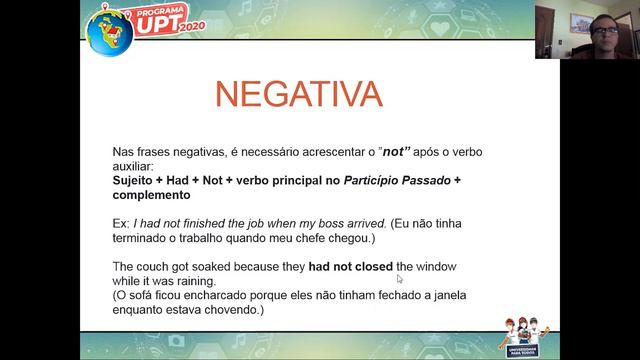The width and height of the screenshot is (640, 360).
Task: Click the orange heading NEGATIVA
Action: [x=299, y=94]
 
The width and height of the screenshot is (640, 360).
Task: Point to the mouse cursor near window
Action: [x=400, y=279]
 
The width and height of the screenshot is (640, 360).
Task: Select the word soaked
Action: [x=214, y=267]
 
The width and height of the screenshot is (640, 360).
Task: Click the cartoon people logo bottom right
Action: [x=526, y=336]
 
